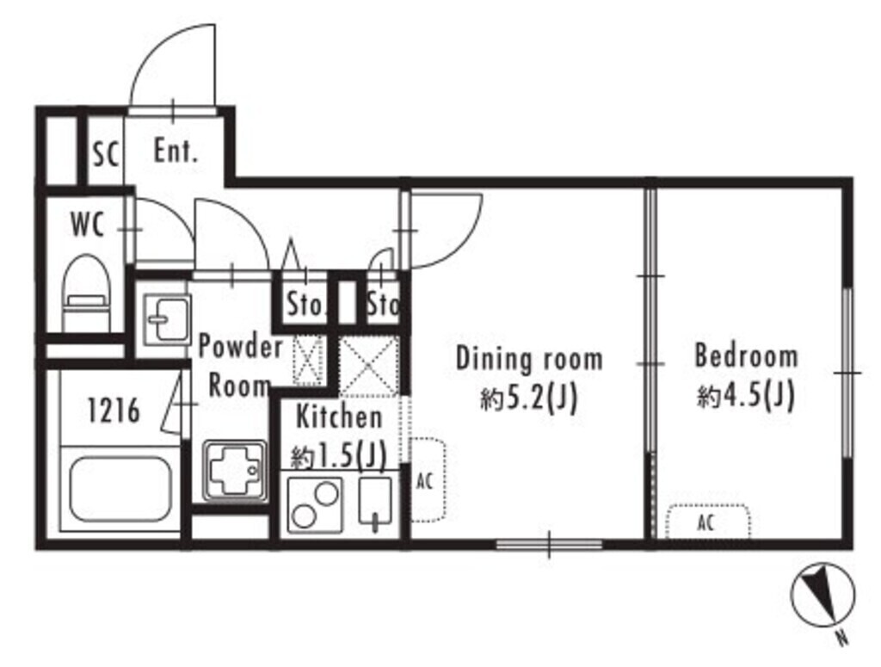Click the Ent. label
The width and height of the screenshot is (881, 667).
(176, 151)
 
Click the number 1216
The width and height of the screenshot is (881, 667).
(114, 411)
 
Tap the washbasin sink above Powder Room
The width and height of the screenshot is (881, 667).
(166, 319)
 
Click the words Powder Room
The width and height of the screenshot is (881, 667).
(240, 366)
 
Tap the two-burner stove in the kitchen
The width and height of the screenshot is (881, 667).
(315, 504)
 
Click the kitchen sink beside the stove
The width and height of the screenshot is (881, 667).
(375, 503)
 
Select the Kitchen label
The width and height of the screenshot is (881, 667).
(339, 417)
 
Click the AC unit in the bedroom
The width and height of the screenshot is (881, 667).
(708, 522)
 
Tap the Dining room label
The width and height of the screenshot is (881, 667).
(529, 359)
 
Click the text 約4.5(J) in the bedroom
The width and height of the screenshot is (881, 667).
(746, 397)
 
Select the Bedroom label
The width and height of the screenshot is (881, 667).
(746, 356)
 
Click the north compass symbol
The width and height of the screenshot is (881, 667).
(822, 598)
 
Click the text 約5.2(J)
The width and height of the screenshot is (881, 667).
(529, 399)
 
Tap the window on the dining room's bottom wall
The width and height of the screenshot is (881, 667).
(549, 544)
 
